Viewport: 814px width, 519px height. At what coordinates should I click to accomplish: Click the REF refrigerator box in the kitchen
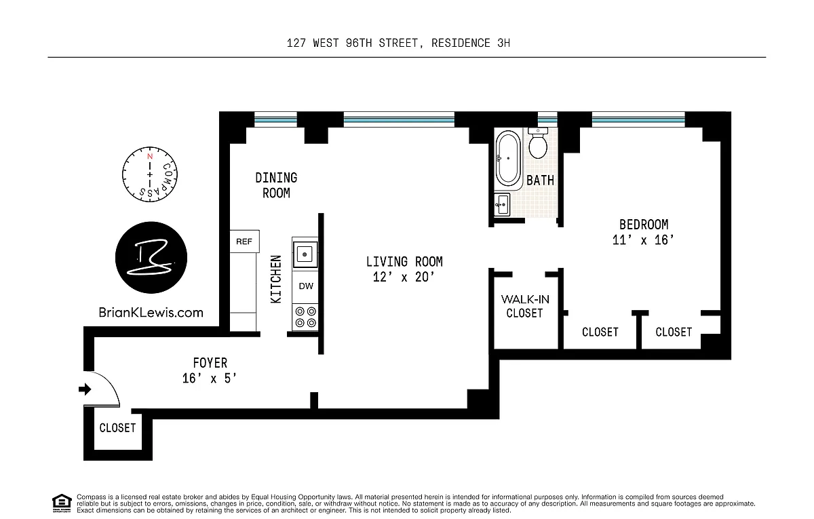[245, 242]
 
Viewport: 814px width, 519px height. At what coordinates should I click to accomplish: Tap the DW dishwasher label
[306, 286]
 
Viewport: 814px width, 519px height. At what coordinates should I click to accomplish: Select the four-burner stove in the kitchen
[305, 318]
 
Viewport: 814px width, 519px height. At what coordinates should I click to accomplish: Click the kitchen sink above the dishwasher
[305, 254]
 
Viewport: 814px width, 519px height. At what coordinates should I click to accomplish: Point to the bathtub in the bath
[508, 158]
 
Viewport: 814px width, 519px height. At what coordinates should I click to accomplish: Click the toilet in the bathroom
[538, 142]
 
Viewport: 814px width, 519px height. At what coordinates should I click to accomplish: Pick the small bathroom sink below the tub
[502, 205]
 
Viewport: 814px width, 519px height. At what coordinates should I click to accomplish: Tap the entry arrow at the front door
[85, 389]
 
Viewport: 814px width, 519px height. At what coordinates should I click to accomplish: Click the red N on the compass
[150, 157]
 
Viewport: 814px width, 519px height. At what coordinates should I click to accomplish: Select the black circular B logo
[151, 257]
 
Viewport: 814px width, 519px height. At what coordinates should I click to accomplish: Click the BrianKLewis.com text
[151, 313]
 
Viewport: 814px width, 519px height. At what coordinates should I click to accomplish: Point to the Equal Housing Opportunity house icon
[62, 503]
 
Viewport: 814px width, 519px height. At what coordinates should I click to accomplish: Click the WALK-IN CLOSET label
[525, 307]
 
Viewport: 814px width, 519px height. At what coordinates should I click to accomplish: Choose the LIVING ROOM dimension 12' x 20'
[404, 277]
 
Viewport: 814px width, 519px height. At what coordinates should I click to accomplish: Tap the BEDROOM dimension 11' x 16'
[643, 240]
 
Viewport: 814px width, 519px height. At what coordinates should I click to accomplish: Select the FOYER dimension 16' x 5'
[210, 379]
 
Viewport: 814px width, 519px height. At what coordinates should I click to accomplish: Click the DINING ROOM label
[276, 185]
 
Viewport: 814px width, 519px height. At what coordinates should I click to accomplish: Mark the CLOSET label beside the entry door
[117, 428]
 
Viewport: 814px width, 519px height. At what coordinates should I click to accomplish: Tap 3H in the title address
[503, 43]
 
